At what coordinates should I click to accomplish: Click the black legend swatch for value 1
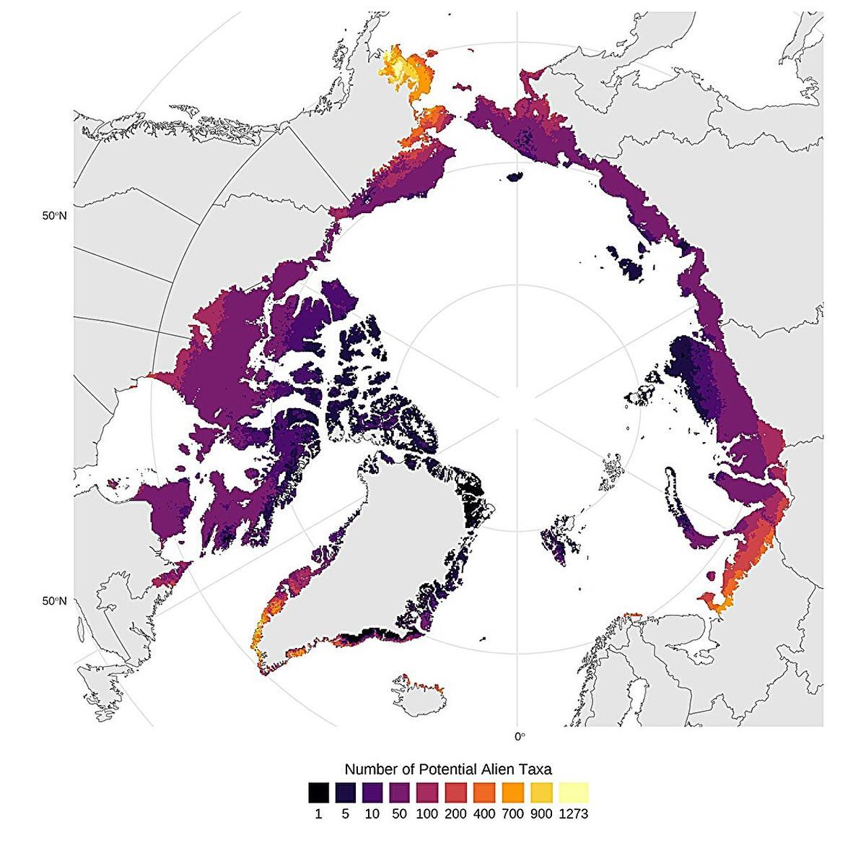318,792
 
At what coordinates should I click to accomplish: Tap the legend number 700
513,814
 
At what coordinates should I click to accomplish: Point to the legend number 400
485,814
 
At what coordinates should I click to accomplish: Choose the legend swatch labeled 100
429,792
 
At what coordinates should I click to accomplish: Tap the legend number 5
346,814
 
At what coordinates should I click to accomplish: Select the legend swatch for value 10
373,792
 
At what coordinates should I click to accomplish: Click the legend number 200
457,814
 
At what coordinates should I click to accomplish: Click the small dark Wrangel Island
515,176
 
